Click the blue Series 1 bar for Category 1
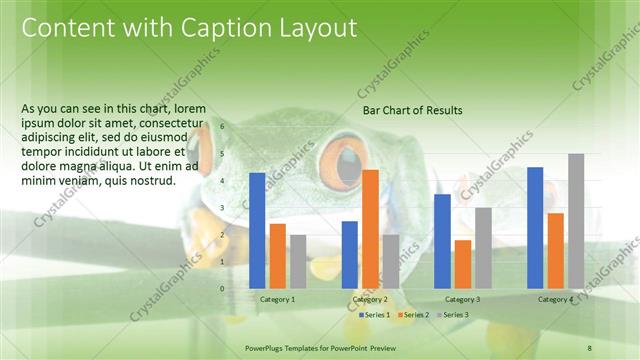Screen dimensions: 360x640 pyautogui.click(x=257, y=230)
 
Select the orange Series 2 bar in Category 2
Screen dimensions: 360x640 pyautogui.click(x=370, y=228)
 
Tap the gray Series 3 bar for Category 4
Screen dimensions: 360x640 pyautogui.click(x=576, y=220)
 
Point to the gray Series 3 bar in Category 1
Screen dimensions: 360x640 pyautogui.click(x=297, y=261)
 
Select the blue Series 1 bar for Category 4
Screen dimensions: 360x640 pyautogui.click(x=535, y=227)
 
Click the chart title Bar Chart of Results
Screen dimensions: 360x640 pyautogui.click(x=412, y=110)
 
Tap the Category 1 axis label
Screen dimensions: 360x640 pyautogui.click(x=277, y=299)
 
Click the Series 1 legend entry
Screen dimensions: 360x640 pyautogui.click(x=373, y=315)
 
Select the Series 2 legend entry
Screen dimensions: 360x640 pyautogui.click(x=413, y=315)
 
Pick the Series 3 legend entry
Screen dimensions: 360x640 pyautogui.click(x=452, y=315)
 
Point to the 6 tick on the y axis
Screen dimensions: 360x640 pyautogui.click(x=222, y=126)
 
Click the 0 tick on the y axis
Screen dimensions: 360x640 pyautogui.click(x=222, y=288)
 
